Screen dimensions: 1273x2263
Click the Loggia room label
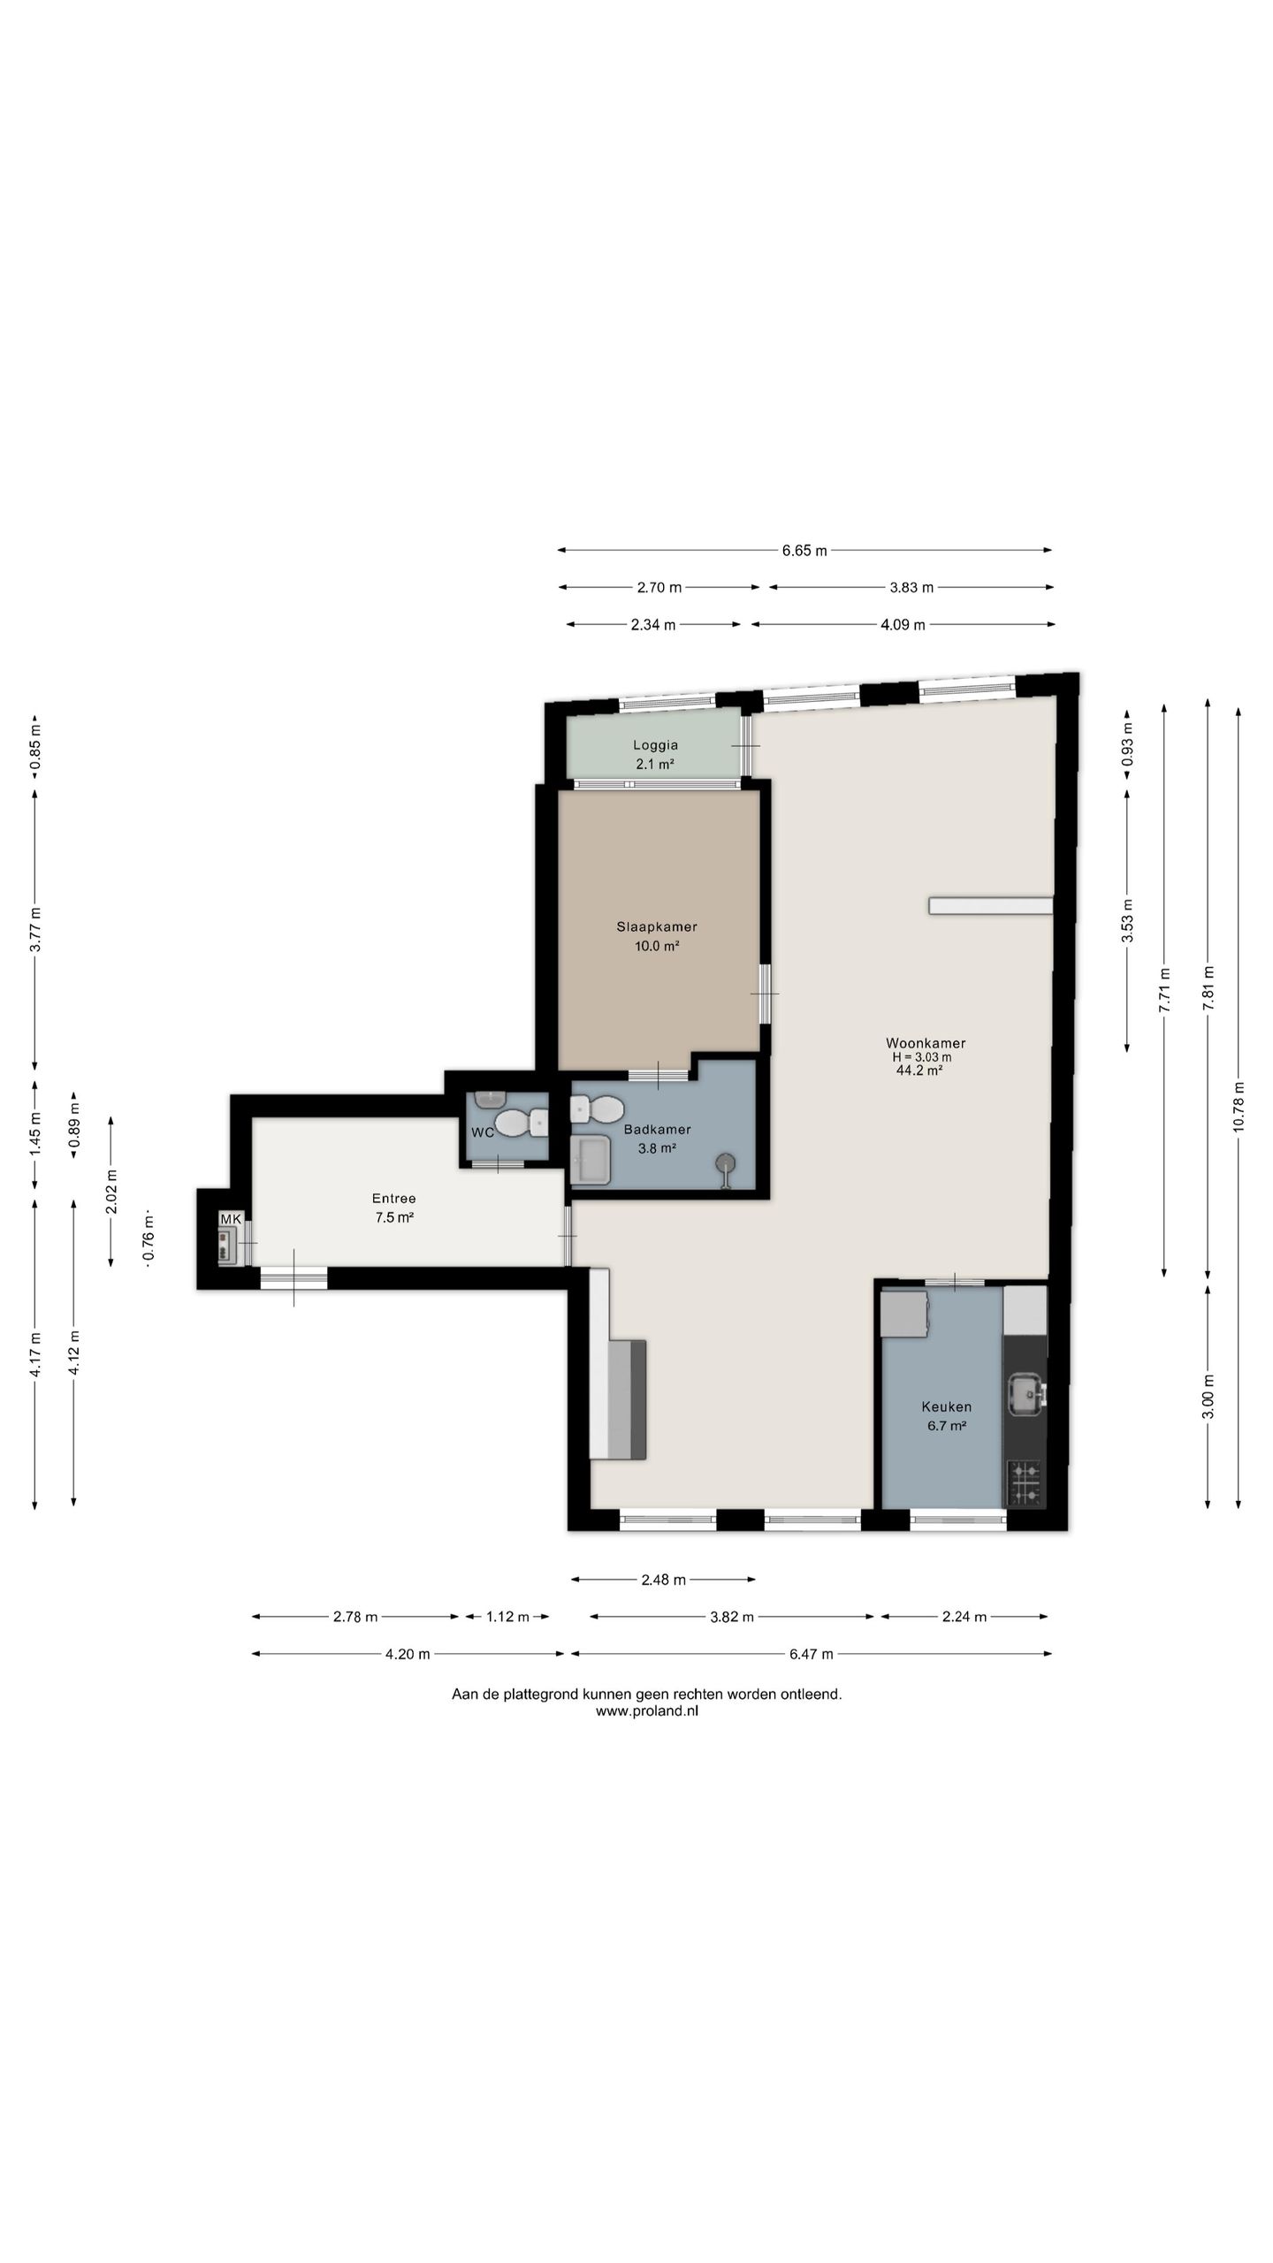(x=655, y=745)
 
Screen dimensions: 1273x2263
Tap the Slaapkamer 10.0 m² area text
(x=657, y=946)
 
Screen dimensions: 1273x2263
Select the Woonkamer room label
(x=926, y=1043)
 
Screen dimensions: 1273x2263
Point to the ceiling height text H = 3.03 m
(x=922, y=1057)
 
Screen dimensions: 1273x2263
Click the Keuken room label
(x=946, y=1406)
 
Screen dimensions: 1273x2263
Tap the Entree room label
(x=393, y=1199)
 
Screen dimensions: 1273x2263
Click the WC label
(x=483, y=1132)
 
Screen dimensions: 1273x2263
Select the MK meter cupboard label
(x=231, y=1219)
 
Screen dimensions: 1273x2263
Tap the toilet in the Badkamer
(x=598, y=1109)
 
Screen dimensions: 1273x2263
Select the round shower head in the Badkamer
(x=726, y=1163)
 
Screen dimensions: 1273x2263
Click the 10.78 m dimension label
(x=1238, y=1106)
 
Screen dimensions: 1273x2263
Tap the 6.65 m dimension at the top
(x=804, y=551)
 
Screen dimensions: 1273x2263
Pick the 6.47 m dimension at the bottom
(x=811, y=1654)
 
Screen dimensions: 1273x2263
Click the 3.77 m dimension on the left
(x=35, y=929)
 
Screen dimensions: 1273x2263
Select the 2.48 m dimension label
(x=663, y=1580)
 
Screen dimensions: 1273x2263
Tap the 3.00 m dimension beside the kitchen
(x=1208, y=1397)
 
